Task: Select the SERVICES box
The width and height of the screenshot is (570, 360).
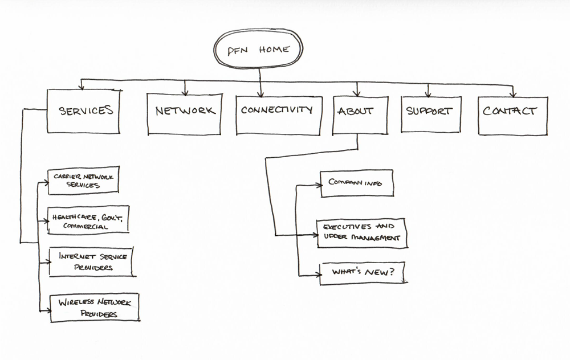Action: [83, 111]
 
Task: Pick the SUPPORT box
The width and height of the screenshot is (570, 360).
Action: [429, 112]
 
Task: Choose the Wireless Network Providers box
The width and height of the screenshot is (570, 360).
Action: [94, 308]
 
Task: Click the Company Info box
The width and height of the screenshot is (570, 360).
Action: [356, 183]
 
